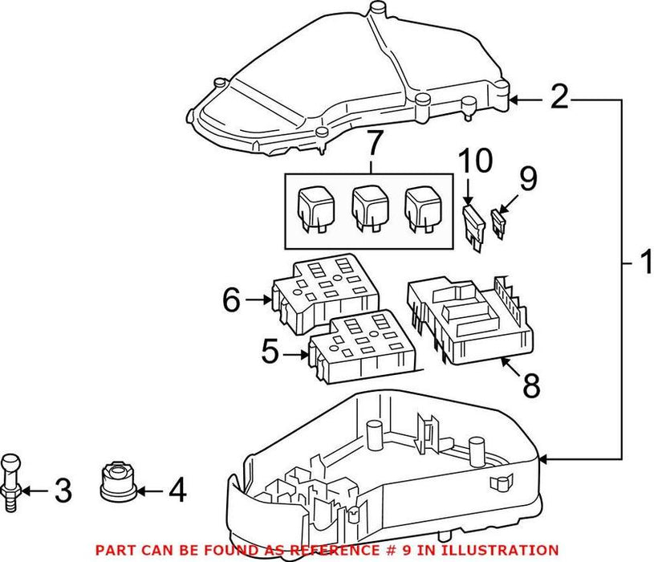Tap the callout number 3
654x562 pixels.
click(63, 489)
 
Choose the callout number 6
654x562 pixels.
click(232, 300)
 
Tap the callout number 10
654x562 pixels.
click(475, 163)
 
